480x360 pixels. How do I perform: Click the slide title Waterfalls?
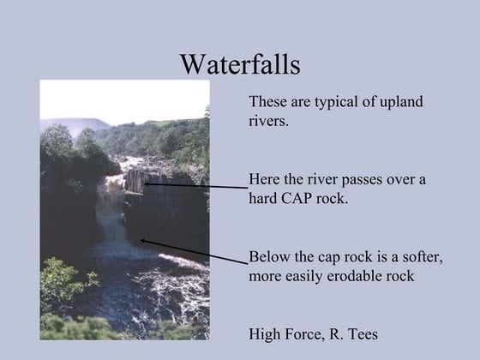pyautogui.click(x=239, y=64)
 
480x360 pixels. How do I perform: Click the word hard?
pyautogui.click(x=265, y=199)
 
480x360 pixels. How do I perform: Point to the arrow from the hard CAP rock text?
pyautogui.click(x=197, y=185)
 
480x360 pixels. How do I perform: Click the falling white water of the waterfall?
pyautogui.click(x=105, y=206)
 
